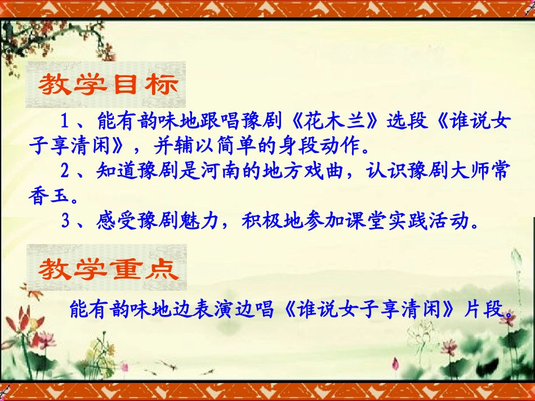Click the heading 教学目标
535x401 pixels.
[x=107, y=85]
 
